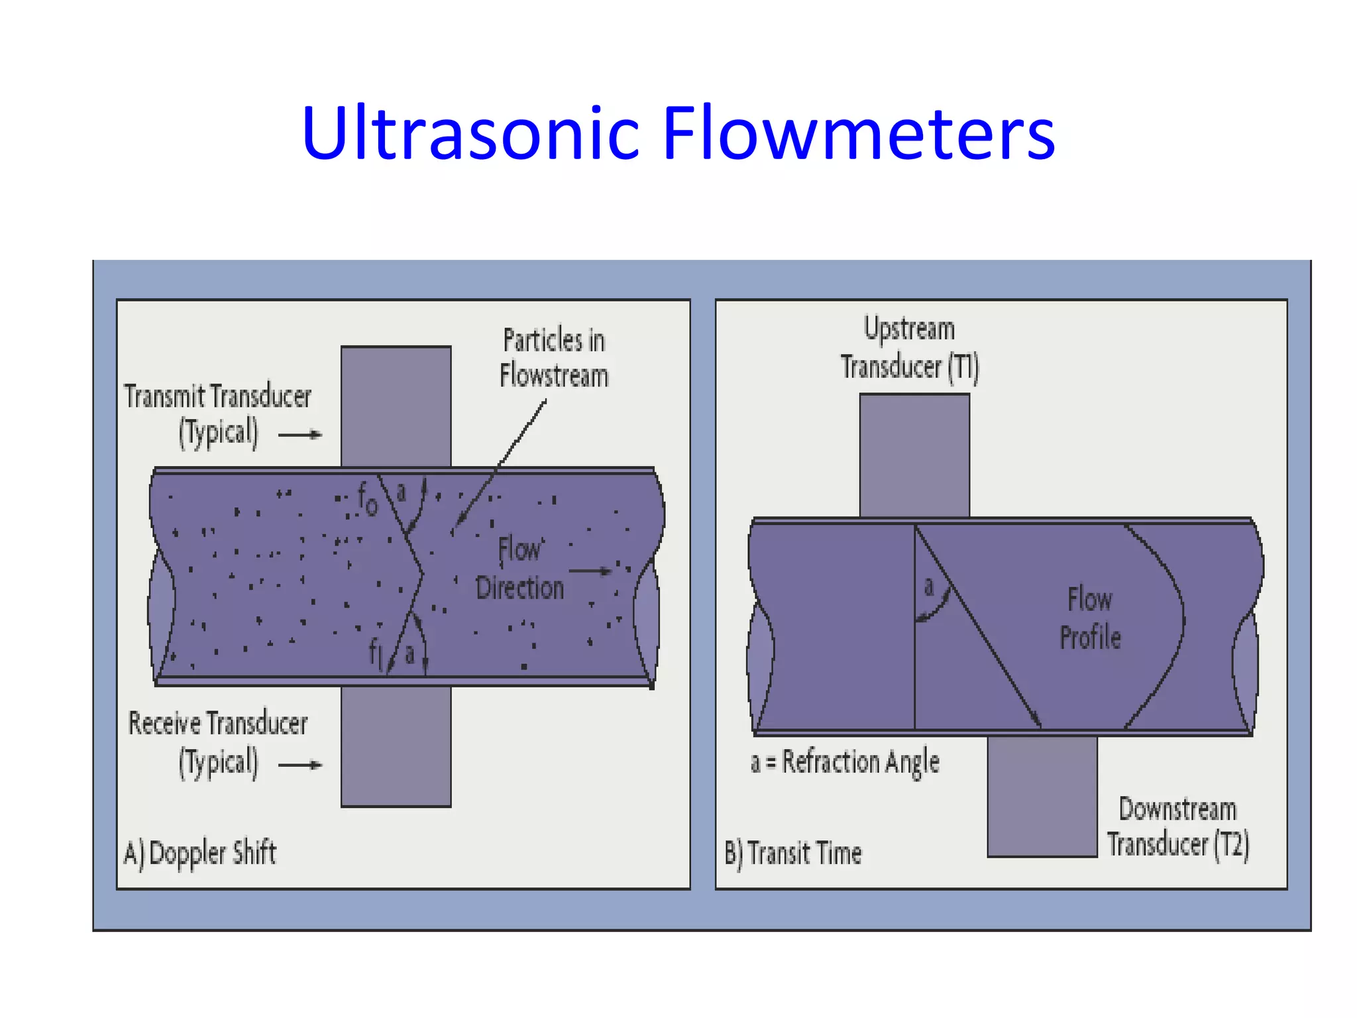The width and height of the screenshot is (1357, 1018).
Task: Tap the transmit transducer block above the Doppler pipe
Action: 396,406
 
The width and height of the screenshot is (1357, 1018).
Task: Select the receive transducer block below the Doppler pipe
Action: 396,747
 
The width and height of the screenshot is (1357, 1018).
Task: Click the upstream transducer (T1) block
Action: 914,455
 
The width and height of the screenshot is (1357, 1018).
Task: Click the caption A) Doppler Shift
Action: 200,853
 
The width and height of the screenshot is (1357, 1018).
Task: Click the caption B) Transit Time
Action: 793,853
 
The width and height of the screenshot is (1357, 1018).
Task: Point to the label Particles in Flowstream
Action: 554,358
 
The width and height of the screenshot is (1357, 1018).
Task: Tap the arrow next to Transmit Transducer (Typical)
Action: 299,435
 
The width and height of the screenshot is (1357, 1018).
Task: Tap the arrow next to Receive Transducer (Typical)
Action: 299,765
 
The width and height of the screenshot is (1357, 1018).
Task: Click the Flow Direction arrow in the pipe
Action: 590,571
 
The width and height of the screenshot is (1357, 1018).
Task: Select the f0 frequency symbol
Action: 367,498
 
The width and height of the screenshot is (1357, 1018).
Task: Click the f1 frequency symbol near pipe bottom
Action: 376,653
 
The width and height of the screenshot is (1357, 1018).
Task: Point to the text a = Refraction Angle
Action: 845,762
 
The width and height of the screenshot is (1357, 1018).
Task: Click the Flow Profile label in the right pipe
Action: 1090,618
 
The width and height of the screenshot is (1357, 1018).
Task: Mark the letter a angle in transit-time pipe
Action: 929,586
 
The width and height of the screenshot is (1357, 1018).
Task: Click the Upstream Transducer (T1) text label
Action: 910,348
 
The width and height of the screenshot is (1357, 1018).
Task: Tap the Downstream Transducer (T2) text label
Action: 1178,827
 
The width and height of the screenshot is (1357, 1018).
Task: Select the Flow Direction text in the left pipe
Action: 520,569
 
